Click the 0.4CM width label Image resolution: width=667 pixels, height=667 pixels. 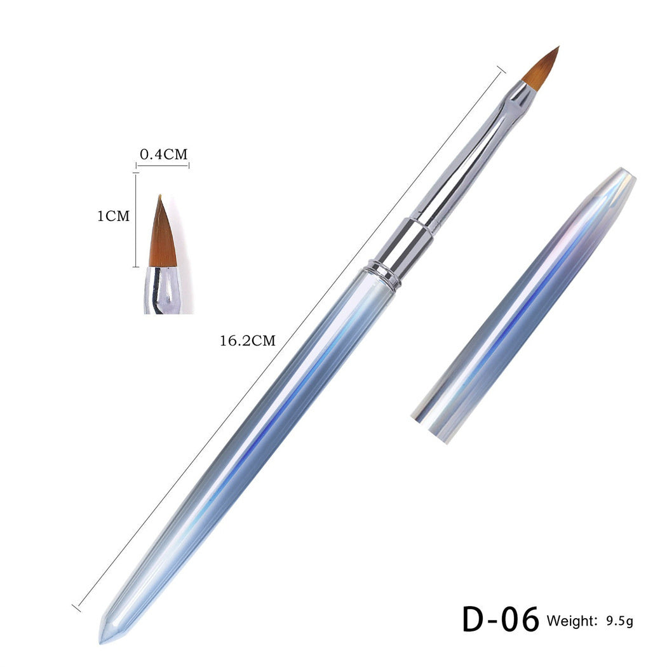[x=164, y=154]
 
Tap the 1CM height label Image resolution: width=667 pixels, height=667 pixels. [x=113, y=216]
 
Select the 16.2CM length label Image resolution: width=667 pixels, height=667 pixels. [x=248, y=340]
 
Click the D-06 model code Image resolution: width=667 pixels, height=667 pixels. [x=501, y=620]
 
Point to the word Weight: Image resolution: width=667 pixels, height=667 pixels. [x=572, y=621]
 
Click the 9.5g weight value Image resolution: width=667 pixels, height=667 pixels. [x=620, y=621]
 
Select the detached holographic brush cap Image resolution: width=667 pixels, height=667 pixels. [x=523, y=306]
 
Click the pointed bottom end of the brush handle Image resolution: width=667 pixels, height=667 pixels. [x=104, y=637]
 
